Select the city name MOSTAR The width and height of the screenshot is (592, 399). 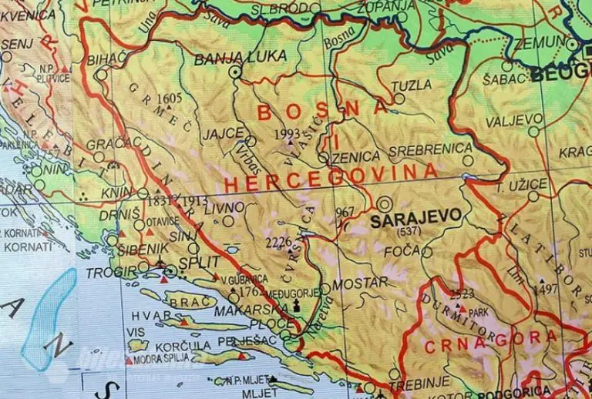tap(362, 283)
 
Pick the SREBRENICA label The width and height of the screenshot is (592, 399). tap(430, 149)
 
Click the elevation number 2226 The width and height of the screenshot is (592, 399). tap(278, 242)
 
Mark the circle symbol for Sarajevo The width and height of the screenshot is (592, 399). tap(385, 203)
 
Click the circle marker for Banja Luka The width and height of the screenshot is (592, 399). tap(234, 72)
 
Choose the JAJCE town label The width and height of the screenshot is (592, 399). tap(218, 133)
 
